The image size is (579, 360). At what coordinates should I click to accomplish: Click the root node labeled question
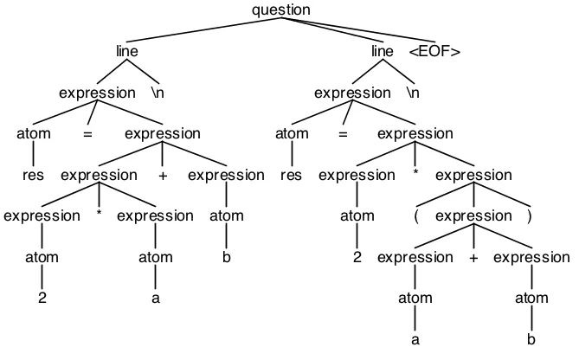click(280, 10)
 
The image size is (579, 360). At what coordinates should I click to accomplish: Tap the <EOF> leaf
click(434, 52)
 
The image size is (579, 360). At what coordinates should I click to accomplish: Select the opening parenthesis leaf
click(416, 215)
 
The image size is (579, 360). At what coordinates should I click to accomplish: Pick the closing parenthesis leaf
click(528, 215)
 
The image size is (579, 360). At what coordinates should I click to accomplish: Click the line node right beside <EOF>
click(382, 52)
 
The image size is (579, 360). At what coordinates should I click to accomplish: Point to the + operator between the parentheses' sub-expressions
click(473, 258)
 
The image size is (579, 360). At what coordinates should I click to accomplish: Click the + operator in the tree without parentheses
click(163, 175)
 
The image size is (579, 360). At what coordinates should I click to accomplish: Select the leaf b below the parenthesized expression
click(531, 340)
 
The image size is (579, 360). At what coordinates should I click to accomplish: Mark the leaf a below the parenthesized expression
click(415, 340)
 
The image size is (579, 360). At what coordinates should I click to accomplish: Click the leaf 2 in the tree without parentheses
click(41, 299)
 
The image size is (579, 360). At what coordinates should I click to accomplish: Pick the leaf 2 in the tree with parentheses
click(356, 258)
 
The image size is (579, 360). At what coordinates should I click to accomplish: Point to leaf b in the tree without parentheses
click(227, 258)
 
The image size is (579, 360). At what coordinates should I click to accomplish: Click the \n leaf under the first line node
click(158, 93)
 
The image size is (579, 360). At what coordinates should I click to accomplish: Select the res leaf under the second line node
click(292, 175)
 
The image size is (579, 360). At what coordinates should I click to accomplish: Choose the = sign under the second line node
click(344, 134)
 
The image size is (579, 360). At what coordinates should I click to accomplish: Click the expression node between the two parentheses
click(473, 215)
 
